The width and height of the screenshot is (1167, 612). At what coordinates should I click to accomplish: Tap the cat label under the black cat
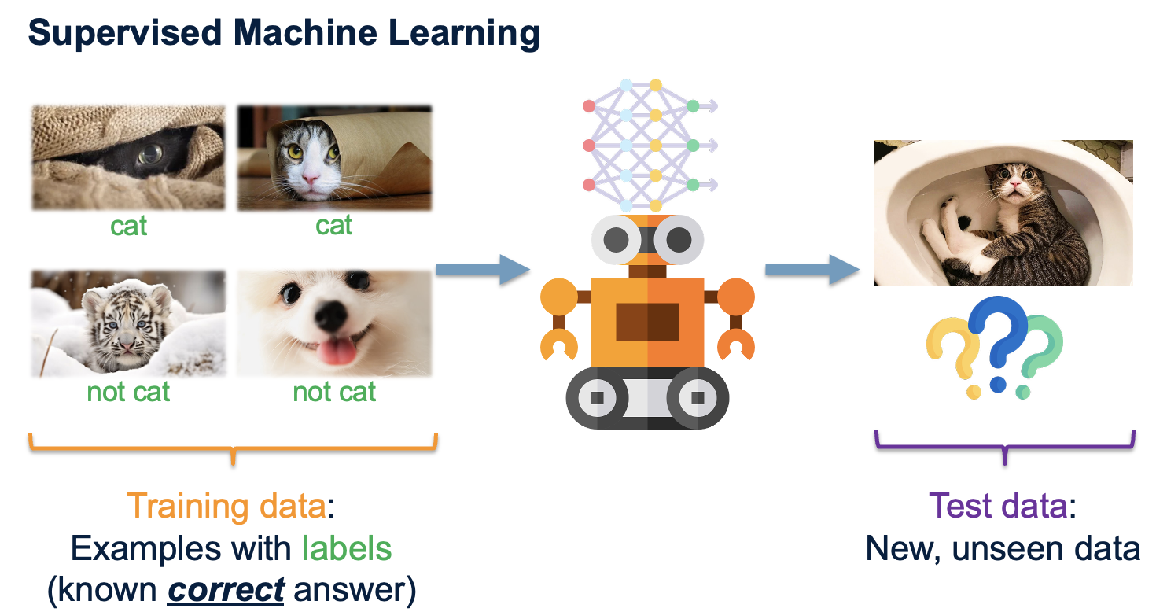coord(128,227)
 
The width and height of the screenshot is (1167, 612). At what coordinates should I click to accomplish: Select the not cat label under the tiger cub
coord(128,391)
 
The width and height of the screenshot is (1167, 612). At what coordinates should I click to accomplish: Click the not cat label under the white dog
coord(334,391)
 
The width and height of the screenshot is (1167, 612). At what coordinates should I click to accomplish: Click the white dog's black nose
coord(331,314)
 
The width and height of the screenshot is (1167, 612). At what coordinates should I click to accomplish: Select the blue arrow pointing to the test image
coord(810,269)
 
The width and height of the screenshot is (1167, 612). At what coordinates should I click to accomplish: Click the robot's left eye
coord(617,238)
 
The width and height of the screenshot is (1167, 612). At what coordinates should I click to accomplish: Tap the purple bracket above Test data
coord(1005,447)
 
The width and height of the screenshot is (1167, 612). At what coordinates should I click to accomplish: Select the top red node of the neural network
coord(587,105)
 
